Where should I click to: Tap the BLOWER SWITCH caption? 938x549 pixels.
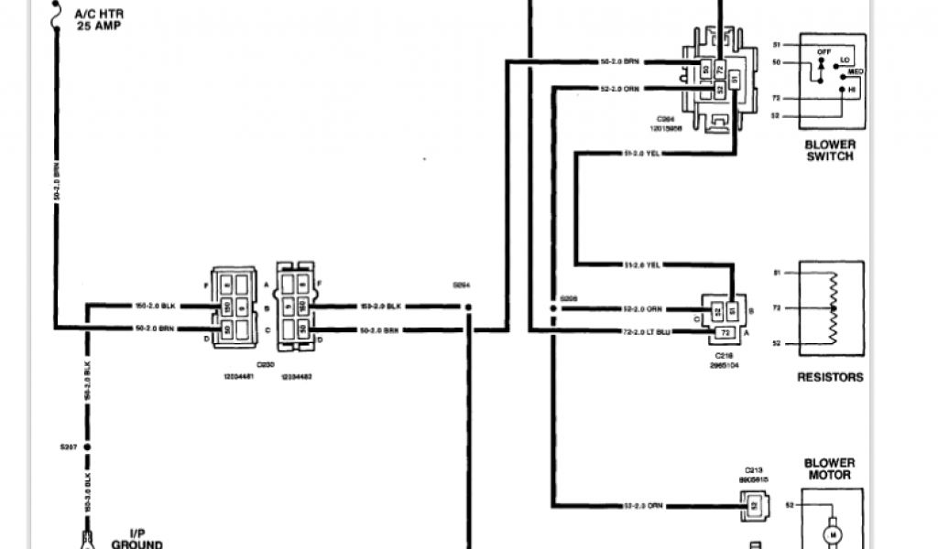coord(830,150)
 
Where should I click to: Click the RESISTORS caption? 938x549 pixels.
coord(830,376)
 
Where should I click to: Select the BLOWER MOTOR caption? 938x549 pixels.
coord(829,468)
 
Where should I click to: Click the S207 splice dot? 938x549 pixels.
coord(88,447)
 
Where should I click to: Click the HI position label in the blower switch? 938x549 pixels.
coord(851,89)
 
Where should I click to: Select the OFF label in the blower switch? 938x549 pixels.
coord(823,52)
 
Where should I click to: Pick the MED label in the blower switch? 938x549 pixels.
coord(856,70)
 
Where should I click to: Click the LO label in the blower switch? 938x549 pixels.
coord(845,59)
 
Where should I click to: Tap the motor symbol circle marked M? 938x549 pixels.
coord(834,532)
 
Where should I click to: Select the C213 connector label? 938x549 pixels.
coord(754,468)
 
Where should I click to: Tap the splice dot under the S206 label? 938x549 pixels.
coord(552,309)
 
